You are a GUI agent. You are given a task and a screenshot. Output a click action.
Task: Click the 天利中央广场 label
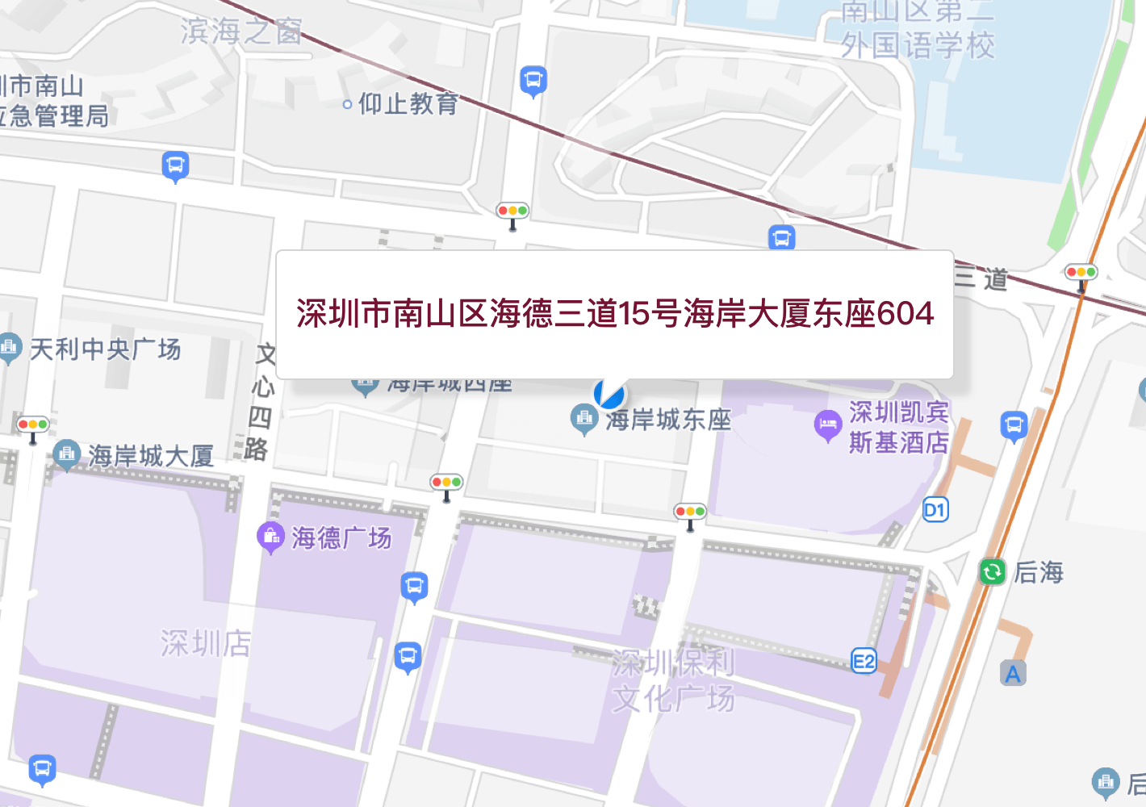point(106,349)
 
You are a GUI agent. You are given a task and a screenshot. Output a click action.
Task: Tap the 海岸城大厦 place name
point(151,456)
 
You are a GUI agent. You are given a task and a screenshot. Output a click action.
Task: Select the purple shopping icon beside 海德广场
point(270,536)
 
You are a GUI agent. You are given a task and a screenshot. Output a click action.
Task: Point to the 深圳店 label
point(205,644)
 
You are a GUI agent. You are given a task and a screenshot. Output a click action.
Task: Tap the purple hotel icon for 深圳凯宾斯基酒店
point(827,424)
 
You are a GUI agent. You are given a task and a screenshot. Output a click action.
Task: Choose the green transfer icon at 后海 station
point(992,572)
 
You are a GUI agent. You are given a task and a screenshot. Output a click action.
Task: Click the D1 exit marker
point(935,510)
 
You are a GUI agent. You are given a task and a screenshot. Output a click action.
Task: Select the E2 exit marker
point(864,662)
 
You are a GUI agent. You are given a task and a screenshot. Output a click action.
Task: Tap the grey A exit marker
point(1013,673)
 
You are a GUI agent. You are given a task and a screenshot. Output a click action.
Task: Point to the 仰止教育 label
point(408,104)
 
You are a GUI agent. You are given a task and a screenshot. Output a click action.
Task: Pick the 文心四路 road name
point(260,402)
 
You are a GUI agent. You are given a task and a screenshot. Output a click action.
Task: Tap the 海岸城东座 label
point(668,420)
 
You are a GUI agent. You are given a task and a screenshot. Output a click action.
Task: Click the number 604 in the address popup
point(906,313)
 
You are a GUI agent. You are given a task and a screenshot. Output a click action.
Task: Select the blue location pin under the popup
point(609,394)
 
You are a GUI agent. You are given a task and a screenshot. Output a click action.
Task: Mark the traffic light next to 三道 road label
point(1081,273)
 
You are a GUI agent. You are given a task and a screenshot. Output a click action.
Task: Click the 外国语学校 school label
point(918,45)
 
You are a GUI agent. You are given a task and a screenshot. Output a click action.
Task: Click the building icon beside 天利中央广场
point(10,348)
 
